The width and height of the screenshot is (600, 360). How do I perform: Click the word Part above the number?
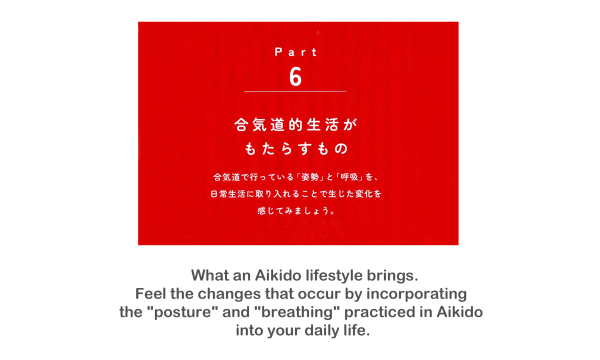click(295, 52)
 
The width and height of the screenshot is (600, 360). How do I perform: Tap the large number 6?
click(295, 76)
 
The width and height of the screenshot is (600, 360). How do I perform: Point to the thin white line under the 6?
click(295, 91)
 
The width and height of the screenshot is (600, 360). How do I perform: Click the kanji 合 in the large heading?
click(241, 125)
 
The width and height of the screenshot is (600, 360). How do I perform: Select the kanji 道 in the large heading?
click(277, 125)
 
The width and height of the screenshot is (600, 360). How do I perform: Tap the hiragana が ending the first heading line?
click(350, 125)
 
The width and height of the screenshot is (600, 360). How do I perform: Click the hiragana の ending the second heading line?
click(341, 148)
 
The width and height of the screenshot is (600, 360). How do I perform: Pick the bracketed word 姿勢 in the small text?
click(310, 177)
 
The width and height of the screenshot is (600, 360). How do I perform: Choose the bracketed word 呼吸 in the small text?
click(349, 177)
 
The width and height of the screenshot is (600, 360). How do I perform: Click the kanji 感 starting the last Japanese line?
click(261, 211)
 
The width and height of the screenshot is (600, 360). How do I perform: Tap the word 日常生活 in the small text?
click(228, 194)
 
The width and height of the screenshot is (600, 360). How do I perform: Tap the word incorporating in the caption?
click(416, 294)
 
